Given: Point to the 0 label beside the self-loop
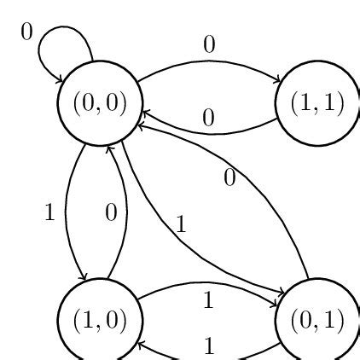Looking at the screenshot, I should (26, 32).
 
